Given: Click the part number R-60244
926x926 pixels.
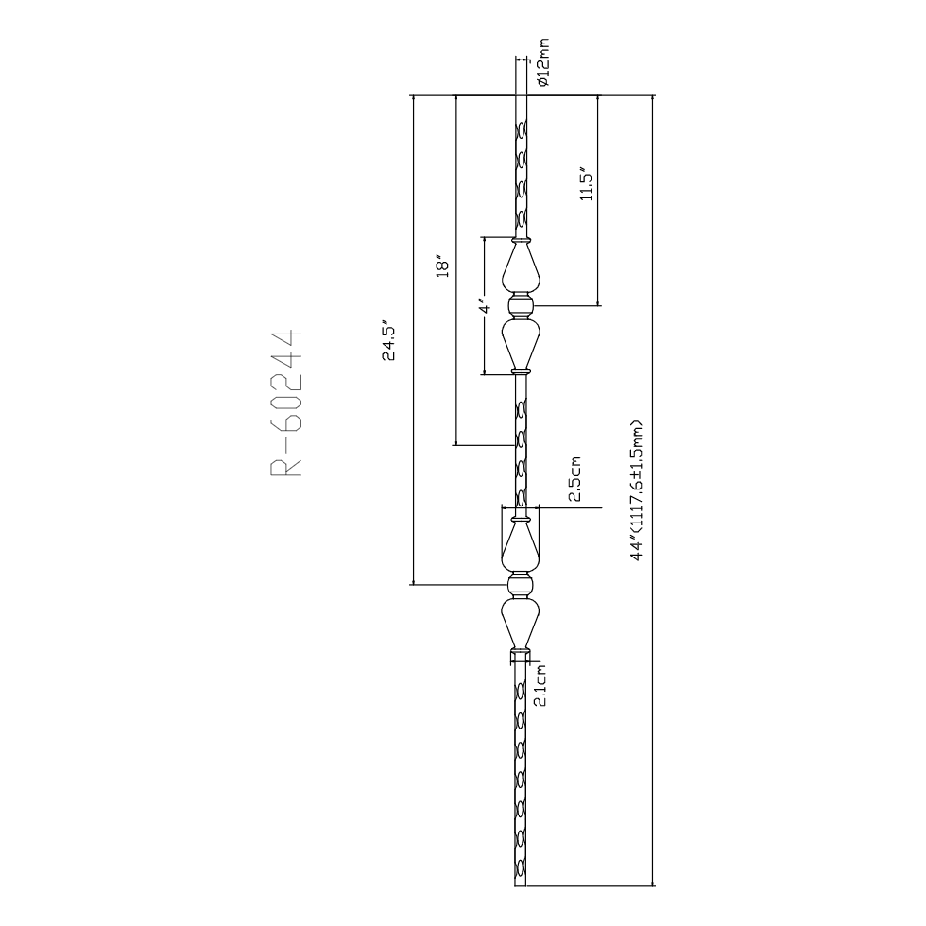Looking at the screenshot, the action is click(x=287, y=404).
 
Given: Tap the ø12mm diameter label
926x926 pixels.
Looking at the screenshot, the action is click(x=543, y=62).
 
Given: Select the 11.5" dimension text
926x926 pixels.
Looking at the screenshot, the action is click(x=587, y=182).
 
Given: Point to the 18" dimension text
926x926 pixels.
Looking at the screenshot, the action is click(x=442, y=266).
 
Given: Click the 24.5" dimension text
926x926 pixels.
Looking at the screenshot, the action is click(x=388, y=343).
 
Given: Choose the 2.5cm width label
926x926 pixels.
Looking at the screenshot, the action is click(x=575, y=478).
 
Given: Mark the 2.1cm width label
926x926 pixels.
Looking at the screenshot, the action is click(x=540, y=684).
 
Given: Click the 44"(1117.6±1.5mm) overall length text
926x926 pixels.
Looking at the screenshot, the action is click(x=636, y=489).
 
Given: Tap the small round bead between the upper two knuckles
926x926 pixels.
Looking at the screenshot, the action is click(x=521, y=305).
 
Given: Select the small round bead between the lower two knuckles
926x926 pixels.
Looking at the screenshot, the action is click(x=521, y=585).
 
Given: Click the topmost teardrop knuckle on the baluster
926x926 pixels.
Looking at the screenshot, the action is click(x=521, y=269).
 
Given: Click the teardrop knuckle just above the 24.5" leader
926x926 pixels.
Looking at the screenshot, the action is click(x=521, y=547).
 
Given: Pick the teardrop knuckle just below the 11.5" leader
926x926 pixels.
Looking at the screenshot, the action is click(x=521, y=342).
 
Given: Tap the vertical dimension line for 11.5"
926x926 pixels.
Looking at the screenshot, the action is click(x=597, y=200).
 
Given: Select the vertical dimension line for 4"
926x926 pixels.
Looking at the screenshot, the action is click(x=484, y=306).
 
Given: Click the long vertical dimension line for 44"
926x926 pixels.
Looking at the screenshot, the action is click(x=652, y=490).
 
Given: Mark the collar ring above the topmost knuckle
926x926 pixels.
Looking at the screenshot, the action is click(x=521, y=240).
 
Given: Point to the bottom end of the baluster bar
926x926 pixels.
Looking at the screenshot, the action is click(x=521, y=885).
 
